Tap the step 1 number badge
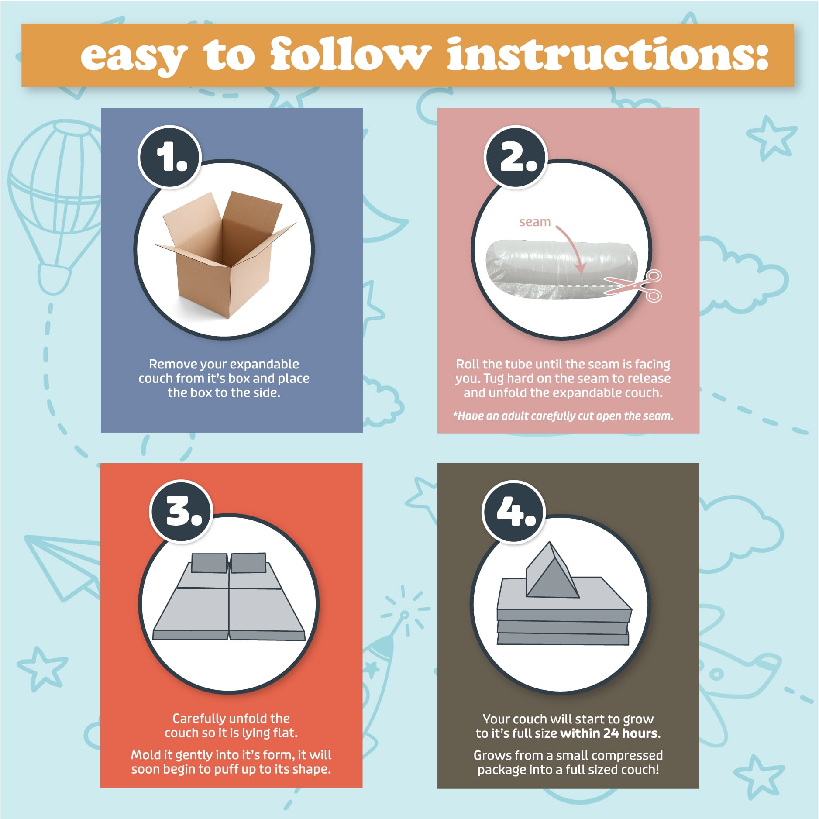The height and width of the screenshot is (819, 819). tap(169, 157)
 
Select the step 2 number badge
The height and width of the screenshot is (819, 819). tap(516, 157)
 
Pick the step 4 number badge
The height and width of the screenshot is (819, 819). tap(514, 512)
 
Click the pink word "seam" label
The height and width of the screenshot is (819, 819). tap(535, 222)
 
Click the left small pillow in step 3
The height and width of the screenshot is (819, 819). tap(209, 563)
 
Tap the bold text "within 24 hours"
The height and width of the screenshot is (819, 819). tap(609, 733)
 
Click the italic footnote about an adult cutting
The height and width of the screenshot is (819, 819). tap(563, 416)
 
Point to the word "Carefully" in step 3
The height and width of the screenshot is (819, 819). tap(200, 719)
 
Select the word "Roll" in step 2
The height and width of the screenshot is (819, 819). tap(468, 364)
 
